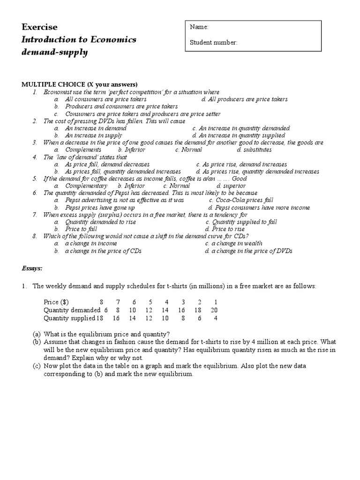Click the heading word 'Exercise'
39,27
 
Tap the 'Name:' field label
199,28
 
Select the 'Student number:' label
213,43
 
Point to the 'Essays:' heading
32,269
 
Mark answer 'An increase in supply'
93,135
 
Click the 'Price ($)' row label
59,302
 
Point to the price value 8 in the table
101,302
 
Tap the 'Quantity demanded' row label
72,310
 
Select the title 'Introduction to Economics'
79,40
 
